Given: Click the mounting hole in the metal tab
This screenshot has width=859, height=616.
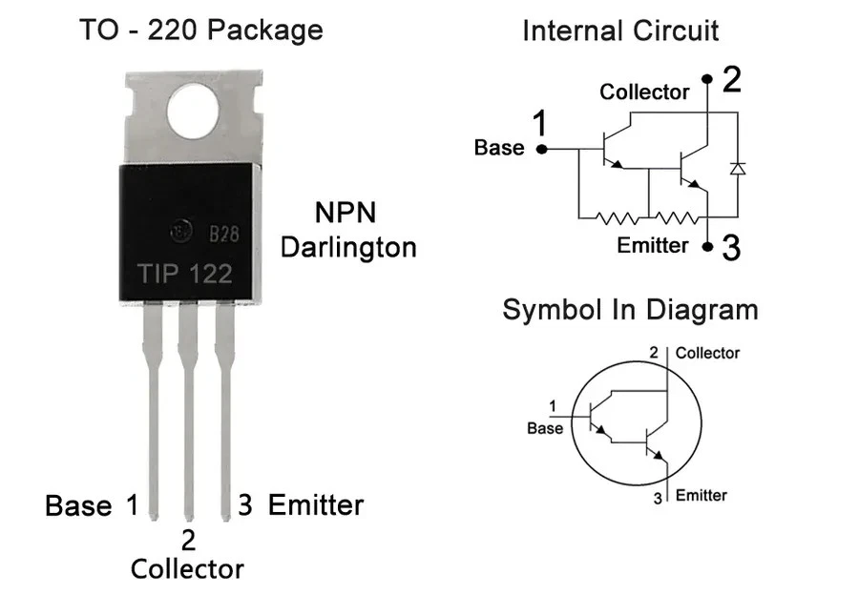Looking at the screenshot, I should [x=195, y=111].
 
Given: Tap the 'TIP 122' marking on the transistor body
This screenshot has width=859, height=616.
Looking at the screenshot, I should [x=185, y=274].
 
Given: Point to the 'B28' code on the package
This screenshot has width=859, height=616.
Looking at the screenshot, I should [x=223, y=234].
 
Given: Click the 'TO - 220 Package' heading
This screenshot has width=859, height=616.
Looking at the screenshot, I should [x=200, y=30].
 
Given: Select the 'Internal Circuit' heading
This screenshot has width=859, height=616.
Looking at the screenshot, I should [x=619, y=31].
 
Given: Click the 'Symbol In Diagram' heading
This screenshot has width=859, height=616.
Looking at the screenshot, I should [x=630, y=310].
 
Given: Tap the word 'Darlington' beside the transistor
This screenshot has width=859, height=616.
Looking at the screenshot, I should [x=348, y=248].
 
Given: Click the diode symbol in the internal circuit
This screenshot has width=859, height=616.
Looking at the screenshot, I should [x=736, y=168].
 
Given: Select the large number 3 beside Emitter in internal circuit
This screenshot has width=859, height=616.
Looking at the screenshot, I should [x=731, y=249].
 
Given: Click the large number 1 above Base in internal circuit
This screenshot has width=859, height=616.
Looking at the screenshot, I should [x=540, y=124].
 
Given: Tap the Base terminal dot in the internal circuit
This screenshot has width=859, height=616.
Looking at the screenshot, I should [x=541, y=149].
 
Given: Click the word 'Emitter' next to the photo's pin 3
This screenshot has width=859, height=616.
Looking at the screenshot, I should [x=316, y=504].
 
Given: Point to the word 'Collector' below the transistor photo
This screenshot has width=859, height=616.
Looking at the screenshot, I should [x=187, y=569].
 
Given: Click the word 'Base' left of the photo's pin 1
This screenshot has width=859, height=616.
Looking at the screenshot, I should [x=78, y=505].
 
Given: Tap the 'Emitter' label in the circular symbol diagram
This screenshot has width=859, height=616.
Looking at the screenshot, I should [x=702, y=495].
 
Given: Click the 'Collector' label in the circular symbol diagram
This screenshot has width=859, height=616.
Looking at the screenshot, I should [x=707, y=353].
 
